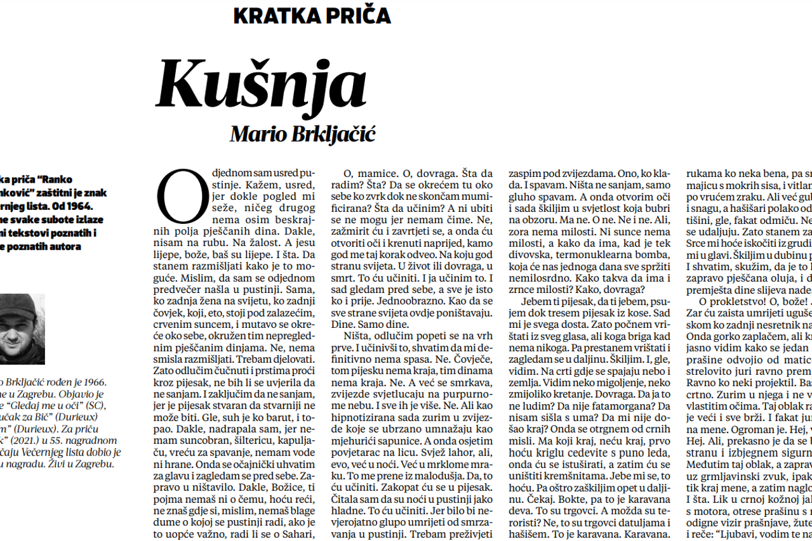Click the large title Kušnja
click(262, 84)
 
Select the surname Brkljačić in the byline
click(336, 134)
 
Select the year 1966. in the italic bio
click(91, 382)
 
